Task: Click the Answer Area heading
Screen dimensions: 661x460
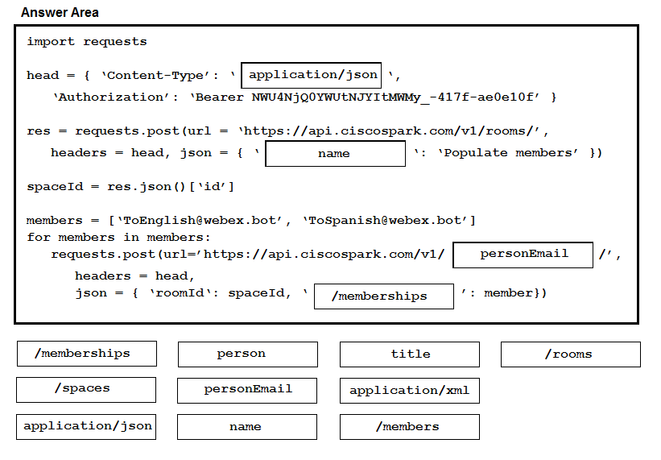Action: [60, 12]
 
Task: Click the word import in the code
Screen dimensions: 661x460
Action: [51, 41]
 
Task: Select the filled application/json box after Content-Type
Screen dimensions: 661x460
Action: [311, 76]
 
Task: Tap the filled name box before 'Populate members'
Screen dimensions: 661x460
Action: [335, 154]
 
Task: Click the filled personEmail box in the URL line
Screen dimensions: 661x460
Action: [523, 255]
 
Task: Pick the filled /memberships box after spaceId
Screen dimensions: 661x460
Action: [383, 296]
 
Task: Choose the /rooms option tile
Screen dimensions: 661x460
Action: [570, 354]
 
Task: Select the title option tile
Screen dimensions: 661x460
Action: [409, 354]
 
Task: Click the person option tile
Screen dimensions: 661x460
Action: [247, 354]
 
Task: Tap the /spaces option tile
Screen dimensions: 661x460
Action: [86, 390]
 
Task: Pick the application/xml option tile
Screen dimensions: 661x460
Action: [409, 391]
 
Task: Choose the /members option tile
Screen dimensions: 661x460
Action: [409, 427]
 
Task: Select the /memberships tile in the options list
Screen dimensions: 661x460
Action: [87, 354]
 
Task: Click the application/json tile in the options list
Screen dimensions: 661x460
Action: [86, 427]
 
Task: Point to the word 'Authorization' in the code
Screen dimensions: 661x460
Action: [111, 97]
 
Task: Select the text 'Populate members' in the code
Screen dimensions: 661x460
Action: [508, 152]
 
